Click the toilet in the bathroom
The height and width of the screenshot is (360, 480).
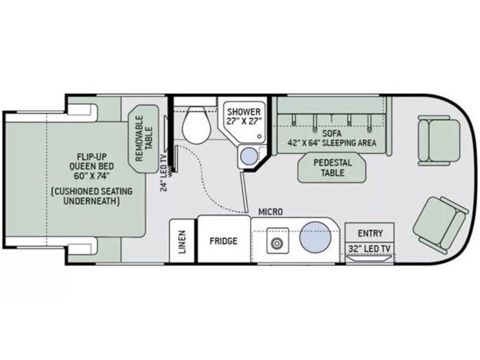click(x=196, y=125)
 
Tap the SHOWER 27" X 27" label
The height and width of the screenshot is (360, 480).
click(x=244, y=116)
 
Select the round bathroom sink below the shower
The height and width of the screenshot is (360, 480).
click(x=249, y=156)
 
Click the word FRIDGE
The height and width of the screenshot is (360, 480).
click(x=224, y=241)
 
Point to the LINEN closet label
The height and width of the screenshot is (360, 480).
click(x=182, y=242)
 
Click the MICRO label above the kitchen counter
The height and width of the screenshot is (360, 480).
click(x=271, y=212)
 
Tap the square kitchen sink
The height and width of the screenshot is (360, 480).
click(x=278, y=240)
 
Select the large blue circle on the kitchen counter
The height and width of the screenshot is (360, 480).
click(x=315, y=237)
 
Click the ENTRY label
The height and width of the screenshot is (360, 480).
click(x=371, y=233)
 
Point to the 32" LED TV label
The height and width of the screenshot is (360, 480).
click(x=369, y=248)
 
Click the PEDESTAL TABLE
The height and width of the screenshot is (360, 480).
click(x=332, y=168)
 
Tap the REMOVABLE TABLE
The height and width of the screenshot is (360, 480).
click(x=144, y=138)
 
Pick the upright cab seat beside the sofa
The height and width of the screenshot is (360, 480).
click(x=438, y=140)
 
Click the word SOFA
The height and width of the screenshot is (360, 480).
click(x=332, y=134)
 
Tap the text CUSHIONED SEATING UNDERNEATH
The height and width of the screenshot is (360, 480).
click(x=92, y=196)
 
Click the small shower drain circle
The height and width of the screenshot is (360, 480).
click(x=259, y=136)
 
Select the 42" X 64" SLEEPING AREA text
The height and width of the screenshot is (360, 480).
click(x=332, y=143)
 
